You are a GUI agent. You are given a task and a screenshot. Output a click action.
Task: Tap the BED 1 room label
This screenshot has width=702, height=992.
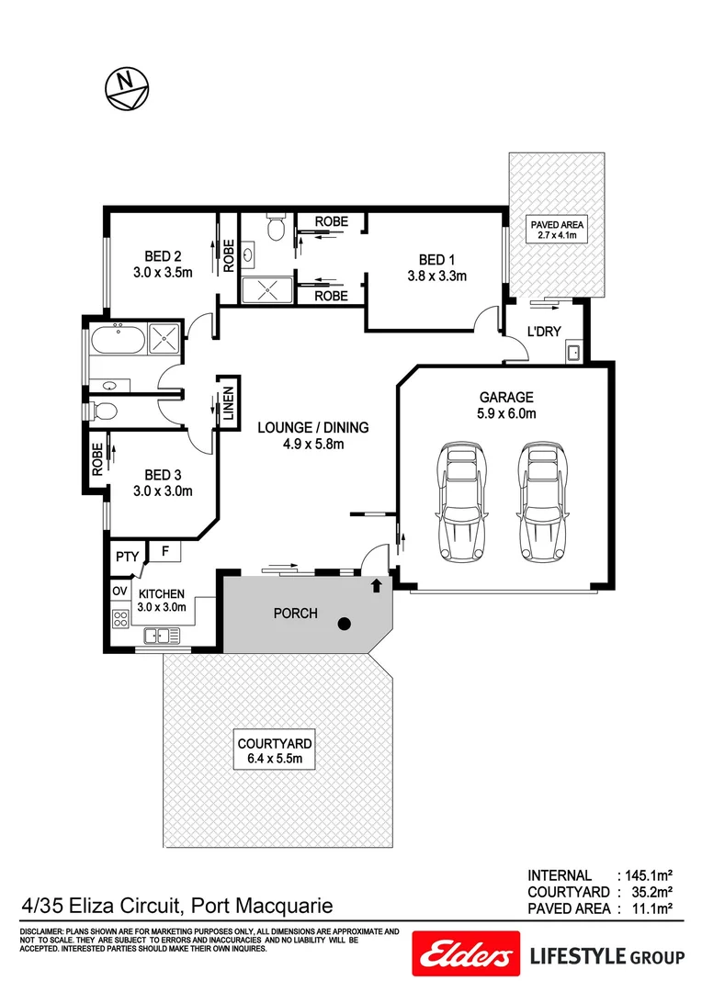(x=436, y=259)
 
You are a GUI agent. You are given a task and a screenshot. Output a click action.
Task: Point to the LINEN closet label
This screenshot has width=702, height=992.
(x=228, y=402)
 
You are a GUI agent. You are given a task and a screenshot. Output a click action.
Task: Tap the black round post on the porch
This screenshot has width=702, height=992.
(x=344, y=625)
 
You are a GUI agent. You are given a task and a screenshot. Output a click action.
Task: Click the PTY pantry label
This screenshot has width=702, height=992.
(x=125, y=557)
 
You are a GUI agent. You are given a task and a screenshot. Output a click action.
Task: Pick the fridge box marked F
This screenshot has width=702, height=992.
(x=166, y=552)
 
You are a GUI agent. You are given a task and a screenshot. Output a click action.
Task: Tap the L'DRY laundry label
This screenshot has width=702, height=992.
(x=544, y=332)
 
